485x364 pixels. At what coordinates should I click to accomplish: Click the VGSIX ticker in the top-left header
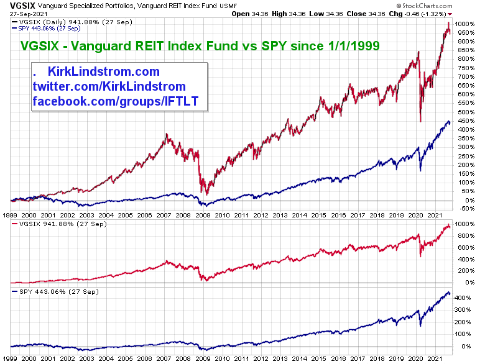(14, 4)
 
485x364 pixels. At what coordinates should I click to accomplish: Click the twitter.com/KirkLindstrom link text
(109, 86)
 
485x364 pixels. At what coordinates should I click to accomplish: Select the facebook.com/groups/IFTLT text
(115, 101)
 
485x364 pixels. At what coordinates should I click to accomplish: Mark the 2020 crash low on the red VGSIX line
(421, 121)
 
